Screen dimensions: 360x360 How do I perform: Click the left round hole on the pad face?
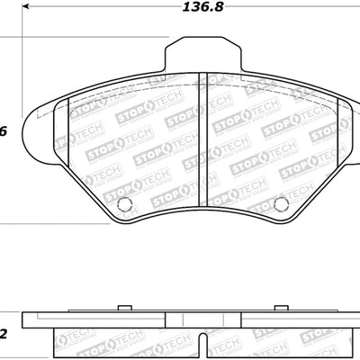coord(125,202)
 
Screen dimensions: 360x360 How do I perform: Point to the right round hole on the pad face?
coord(280,202)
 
